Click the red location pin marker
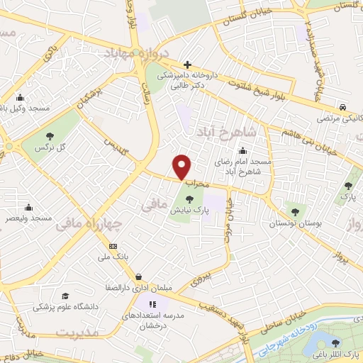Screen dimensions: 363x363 (182, 167)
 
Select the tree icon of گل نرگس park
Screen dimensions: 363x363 (50, 136)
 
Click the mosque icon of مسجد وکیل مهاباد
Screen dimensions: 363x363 (19, 98)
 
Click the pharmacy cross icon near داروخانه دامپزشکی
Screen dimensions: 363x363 (188, 64)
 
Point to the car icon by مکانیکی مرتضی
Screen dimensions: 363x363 (342, 106)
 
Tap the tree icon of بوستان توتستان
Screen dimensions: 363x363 (296, 211)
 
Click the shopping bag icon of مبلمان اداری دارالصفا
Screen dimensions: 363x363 (139, 277)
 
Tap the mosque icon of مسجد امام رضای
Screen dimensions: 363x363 (242, 150)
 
